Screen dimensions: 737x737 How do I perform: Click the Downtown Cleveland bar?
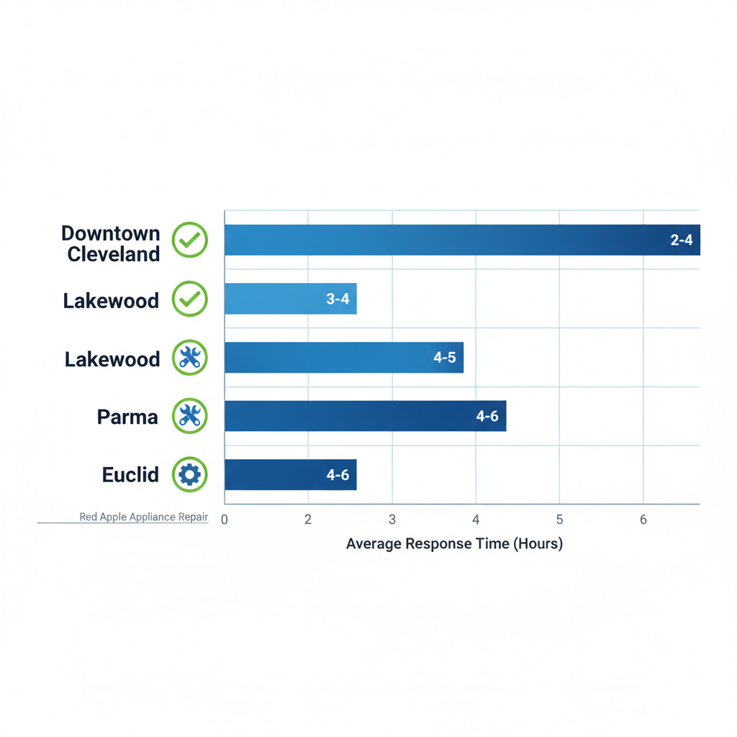[461, 240]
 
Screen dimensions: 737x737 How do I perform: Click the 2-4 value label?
[681, 240]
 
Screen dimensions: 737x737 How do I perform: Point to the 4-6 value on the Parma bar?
[487, 416]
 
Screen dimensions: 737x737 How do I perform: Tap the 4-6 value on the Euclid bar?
[338, 475]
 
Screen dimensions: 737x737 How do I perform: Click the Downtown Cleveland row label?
[112, 243]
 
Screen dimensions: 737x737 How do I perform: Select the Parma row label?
[127, 417]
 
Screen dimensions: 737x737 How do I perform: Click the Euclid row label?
[130, 475]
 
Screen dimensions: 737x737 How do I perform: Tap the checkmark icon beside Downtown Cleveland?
[190, 240]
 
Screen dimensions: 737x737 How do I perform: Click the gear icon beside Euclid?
[190, 475]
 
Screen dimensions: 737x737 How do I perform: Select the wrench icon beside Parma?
[190, 416]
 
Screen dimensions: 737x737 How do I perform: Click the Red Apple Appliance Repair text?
[143, 517]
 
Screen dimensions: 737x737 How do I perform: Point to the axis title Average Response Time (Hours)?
[454, 544]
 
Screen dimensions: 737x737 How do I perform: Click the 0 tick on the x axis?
[225, 520]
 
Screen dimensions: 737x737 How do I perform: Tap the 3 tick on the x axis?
[392, 520]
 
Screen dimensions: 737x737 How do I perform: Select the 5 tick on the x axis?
[559, 520]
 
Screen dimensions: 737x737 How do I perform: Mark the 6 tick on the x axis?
[643, 520]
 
